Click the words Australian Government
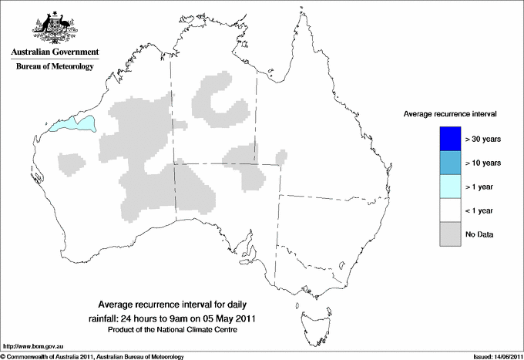54,52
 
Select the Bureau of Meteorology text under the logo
54,67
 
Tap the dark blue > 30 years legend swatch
450,139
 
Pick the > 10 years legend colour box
450,163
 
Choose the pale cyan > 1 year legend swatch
450,187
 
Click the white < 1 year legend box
450,210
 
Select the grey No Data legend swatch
450,234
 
